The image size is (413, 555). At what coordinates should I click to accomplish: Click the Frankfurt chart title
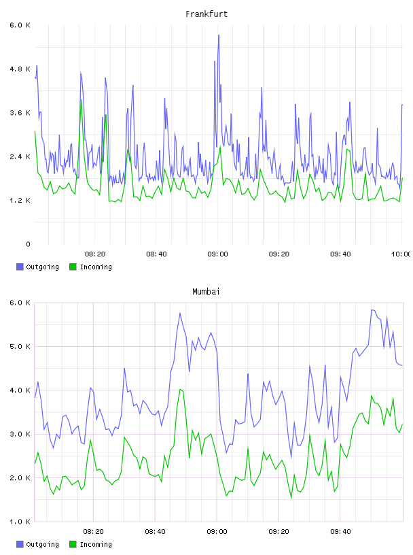coord(206,14)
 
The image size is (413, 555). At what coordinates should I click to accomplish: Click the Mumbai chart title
coord(206,292)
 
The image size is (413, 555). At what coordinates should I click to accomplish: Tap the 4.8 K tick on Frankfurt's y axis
coord(20,69)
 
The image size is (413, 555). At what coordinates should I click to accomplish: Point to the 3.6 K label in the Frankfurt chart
coord(20,113)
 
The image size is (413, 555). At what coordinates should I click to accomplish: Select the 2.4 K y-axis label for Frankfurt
coord(20,157)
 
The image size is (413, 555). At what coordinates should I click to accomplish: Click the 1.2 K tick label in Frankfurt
coord(20,201)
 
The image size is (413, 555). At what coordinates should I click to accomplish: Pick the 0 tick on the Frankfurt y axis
coord(28,244)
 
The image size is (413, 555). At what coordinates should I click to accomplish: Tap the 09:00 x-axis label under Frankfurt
coord(217,254)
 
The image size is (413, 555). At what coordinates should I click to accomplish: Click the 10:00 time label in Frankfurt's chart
coord(401,254)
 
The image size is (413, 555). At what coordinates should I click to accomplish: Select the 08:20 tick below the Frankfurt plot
coord(95,254)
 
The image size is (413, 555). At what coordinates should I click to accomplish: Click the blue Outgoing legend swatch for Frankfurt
coord(20,267)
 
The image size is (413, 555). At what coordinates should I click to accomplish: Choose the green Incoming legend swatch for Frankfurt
coord(73,267)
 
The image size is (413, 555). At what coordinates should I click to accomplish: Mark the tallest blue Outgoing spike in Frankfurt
coord(219,35)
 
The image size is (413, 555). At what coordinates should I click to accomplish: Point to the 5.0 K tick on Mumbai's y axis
coord(20,346)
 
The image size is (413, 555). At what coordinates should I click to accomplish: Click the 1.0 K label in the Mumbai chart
coord(20,522)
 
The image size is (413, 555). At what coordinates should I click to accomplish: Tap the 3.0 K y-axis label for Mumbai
coord(20,435)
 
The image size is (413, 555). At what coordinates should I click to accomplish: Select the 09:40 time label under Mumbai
coord(340,532)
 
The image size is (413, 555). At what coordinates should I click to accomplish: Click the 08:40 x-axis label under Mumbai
coord(156,532)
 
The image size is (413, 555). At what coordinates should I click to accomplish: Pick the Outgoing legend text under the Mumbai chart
coord(42,544)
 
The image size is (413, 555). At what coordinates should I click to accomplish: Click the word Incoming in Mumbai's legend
coord(96,544)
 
